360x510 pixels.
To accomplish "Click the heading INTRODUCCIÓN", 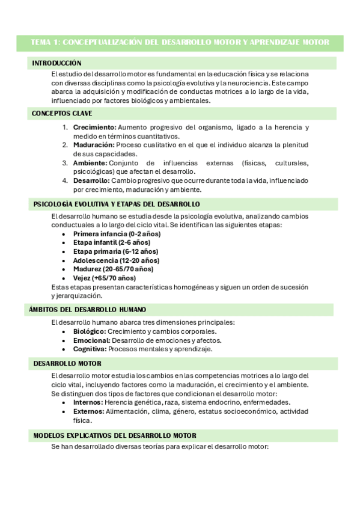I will [x=56, y=63].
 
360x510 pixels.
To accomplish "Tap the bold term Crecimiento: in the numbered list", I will [x=94, y=127].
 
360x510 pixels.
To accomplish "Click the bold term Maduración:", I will [x=94, y=145].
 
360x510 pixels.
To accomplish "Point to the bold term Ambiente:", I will [x=90, y=163].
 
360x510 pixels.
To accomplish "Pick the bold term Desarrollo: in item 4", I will [x=91, y=180].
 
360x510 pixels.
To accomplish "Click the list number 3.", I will [x=64, y=163].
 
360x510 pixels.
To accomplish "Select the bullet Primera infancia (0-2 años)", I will [x=116, y=233].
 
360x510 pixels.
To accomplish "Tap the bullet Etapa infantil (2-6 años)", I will [x=112, y=242].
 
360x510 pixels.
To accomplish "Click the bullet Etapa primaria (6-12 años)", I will [x=115, y=251].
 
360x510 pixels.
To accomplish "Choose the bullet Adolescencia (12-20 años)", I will [x=116, y=260].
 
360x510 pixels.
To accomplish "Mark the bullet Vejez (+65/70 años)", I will [x=105, y=278].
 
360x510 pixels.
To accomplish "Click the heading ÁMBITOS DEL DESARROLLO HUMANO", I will [x=87, y=310].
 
